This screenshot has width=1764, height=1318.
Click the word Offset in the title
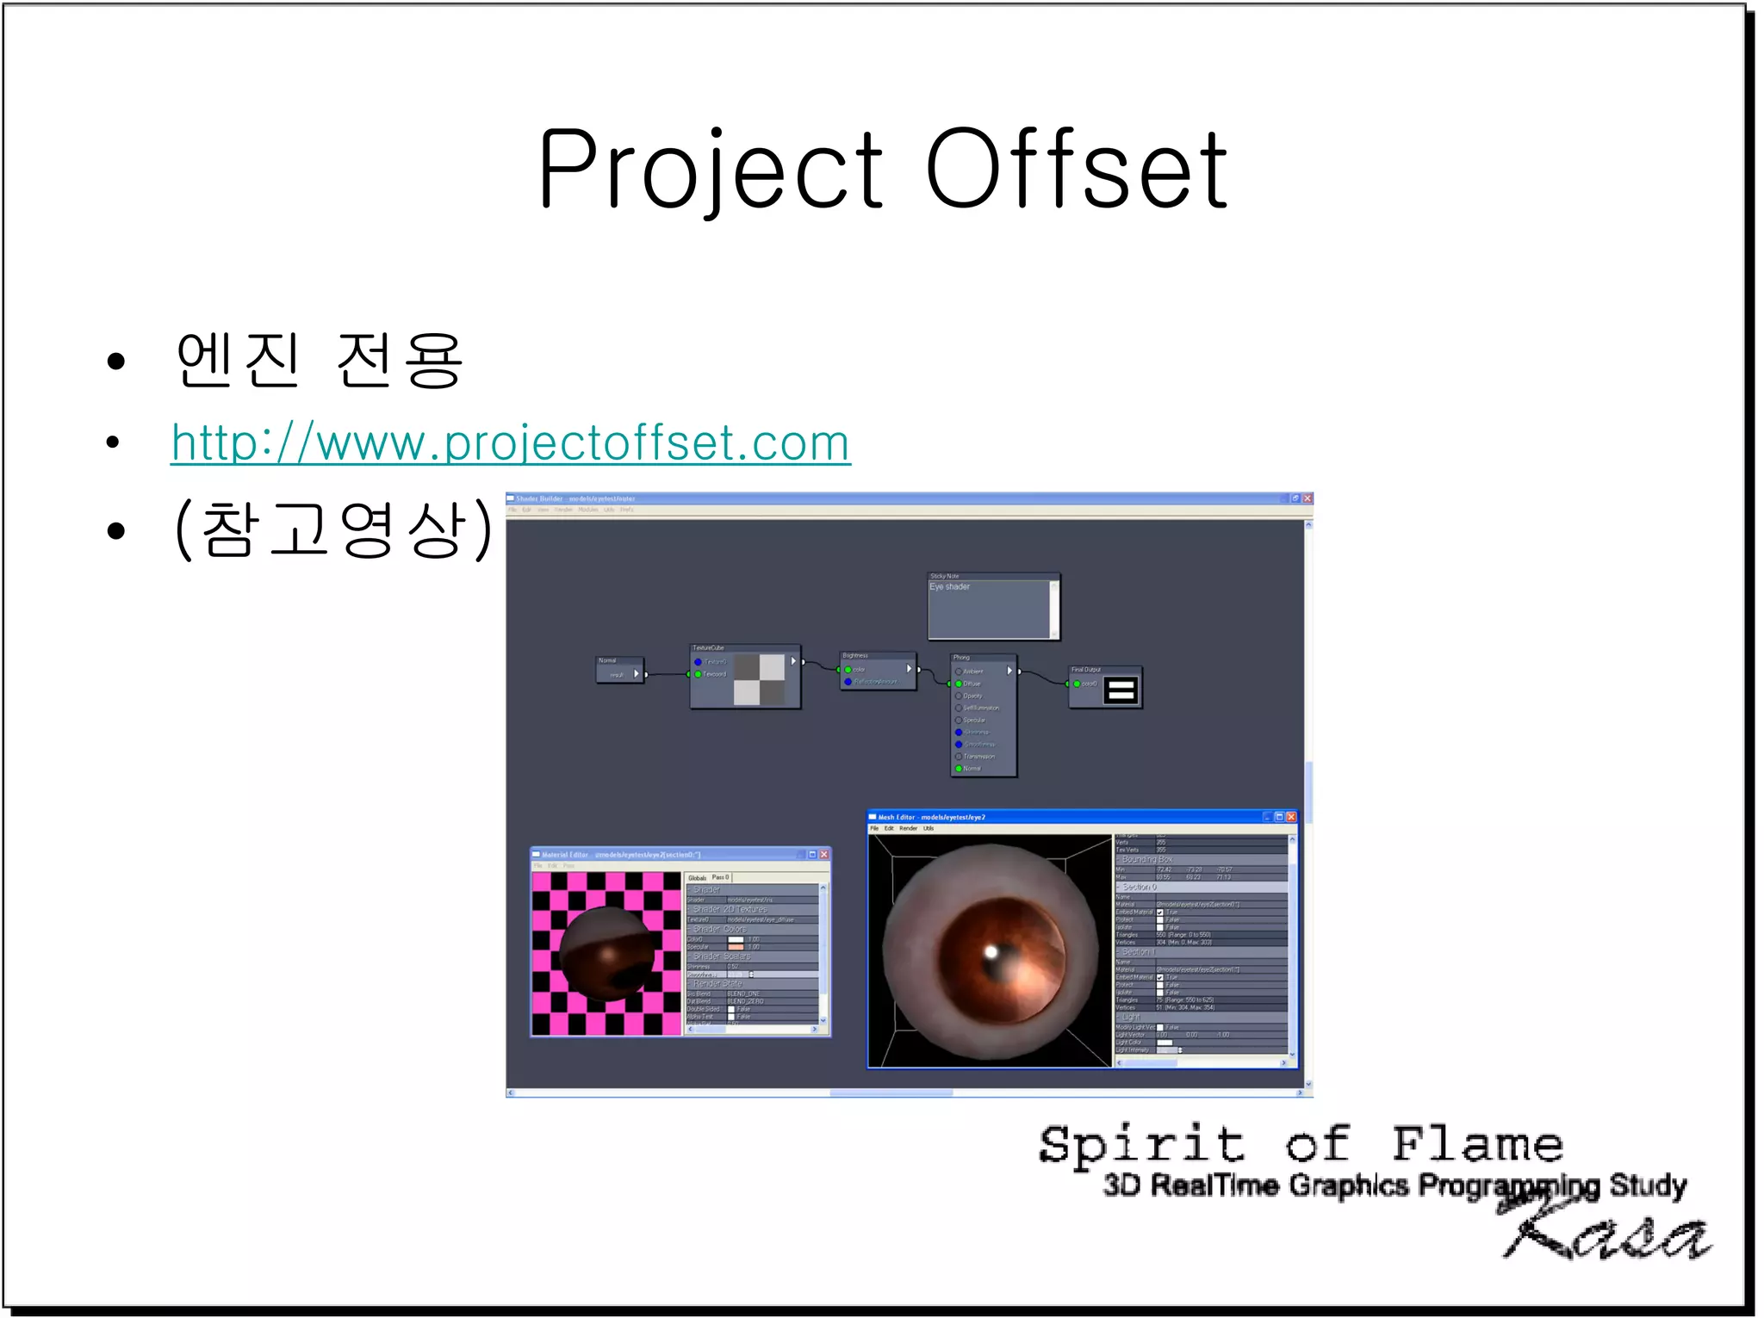tap(1077, 170)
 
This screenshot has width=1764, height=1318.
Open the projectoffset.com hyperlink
tap(510, 443)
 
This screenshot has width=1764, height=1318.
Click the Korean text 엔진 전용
tap(319, 360)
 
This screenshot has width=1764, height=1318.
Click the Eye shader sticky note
tap(992, 607)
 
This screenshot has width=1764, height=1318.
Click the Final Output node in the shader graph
tap(1106, 687)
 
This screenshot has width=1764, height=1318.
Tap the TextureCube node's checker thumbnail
tap(759, 679)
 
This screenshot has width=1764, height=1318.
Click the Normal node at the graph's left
tap(619, 670)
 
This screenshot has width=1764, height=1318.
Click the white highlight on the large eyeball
tap(991, 952)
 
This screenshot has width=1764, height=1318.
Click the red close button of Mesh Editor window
tap(1290, 817)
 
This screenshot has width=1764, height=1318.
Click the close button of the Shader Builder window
tap(1307, 498)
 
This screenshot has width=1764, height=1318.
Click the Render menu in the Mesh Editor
tap(908, 828)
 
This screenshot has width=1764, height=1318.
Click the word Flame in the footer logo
tap(1476, 1145)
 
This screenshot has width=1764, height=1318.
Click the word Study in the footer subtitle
tap(1647, 1185)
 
